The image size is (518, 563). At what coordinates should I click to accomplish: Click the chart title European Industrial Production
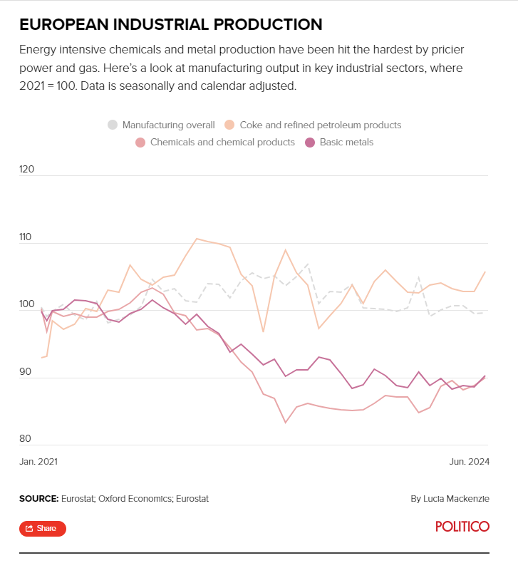click(171, 24)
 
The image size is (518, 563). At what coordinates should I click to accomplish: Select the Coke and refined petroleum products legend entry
click(314, 125)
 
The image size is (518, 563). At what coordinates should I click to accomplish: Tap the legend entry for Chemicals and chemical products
click(215, 142)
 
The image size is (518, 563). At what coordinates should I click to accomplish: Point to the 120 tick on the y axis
click(27, 170)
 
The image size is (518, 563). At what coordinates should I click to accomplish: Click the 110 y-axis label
click(27, 237)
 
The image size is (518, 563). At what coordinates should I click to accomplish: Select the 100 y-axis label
click(27, 304)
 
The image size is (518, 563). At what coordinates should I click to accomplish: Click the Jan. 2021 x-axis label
click(38, 461)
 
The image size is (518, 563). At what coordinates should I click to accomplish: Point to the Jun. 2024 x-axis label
click(468, 461)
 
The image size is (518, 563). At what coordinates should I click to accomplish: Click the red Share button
click(42, 528)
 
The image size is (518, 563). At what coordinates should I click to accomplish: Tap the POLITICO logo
click(462, 527)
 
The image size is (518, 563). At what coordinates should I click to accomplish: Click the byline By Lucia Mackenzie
click(450, 499)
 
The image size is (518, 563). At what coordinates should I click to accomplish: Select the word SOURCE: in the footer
click(38, 499)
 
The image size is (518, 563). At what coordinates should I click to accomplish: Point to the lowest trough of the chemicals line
click(286, 423)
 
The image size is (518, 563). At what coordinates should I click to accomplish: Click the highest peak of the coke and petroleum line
click(197, 239)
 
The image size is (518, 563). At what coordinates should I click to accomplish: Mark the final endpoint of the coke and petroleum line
click(485, 272)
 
